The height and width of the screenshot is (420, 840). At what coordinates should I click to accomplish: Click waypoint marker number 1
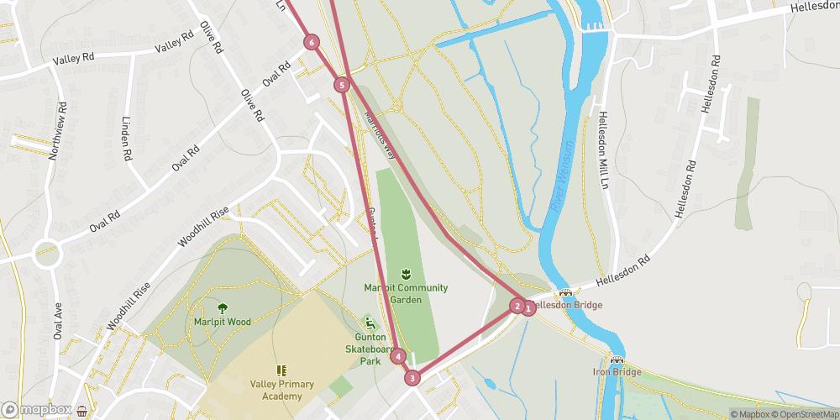(x=529, y=308)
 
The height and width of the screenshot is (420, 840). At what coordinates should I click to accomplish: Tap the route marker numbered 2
(x=517, y=306)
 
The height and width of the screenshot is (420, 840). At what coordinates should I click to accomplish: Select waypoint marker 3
(x=412, y=378)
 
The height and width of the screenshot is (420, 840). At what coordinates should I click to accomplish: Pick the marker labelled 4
(x=398, y=357)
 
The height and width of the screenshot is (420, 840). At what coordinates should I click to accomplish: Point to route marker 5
(x=341, y=85)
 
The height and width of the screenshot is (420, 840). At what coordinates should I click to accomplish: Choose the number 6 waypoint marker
(x=312, y=42)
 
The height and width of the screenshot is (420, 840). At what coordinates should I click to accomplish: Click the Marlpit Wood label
(x=222, y=322)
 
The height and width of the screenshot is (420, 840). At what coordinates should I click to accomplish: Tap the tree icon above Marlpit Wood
(x=223, y=307)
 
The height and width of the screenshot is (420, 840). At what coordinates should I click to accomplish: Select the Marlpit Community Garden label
(x=406, y=293)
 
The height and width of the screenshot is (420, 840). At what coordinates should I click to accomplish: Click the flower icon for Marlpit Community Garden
(x=406, y=274)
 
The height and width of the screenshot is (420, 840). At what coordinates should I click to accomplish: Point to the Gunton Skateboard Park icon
(x=368, y=323)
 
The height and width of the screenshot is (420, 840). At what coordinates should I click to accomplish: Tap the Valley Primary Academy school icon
(x=281, y=370)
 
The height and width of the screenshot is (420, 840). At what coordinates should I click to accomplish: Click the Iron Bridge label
(x=617, y=372)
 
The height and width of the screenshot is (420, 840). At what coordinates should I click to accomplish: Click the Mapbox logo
(x=36, y=410)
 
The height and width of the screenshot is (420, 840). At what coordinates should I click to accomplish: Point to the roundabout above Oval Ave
(x=47, y=252)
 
